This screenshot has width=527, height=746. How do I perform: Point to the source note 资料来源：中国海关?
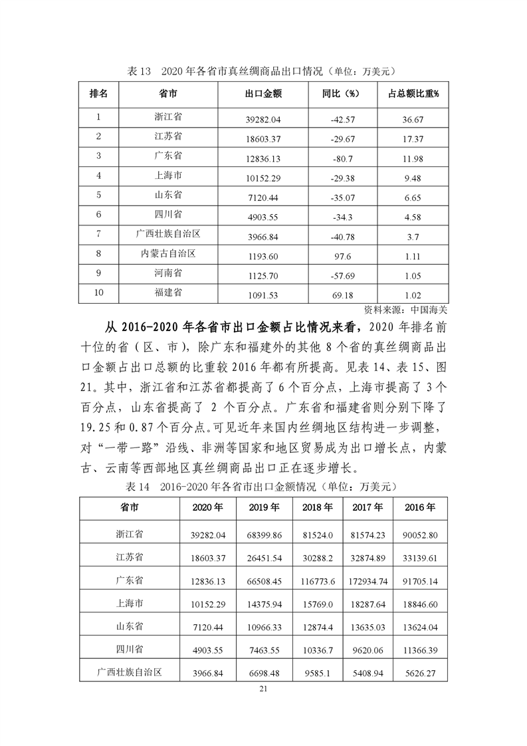pyautogui.click(x=406, y=309)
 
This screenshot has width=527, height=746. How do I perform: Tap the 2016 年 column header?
pyautogui.click(x=420, y=507)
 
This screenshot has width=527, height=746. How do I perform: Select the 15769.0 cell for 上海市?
pyautogui.click(x=318, y=604)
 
